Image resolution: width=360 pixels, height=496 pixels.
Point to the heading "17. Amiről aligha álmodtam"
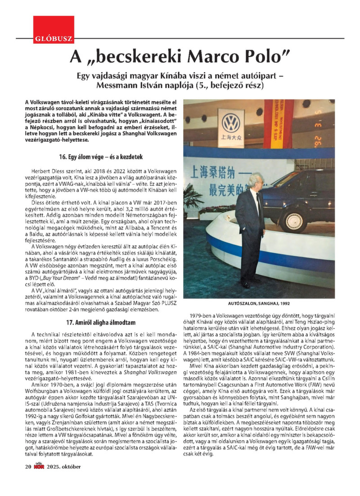pos(100,322)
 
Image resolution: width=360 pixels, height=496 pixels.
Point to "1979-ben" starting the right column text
pos(204,316)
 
